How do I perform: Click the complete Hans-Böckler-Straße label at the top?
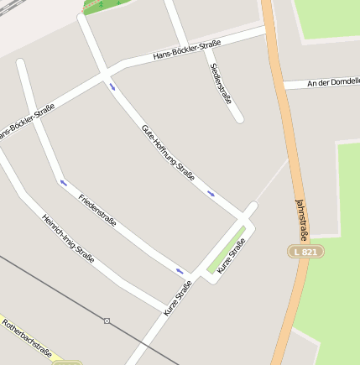click(186, 50)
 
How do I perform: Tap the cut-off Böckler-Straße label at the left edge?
click(27, 121)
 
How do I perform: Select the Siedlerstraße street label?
click(221, 83)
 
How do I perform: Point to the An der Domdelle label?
click(333, 81)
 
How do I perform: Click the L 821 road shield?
click(305, 251)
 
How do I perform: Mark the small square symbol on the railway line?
click(107, 321)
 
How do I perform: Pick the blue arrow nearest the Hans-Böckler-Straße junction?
click(112, 86)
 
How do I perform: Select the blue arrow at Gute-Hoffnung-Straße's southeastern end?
click(211, 194)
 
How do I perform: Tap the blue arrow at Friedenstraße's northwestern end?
click(62, 181)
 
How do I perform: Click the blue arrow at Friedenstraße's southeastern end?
click(180, 270)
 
